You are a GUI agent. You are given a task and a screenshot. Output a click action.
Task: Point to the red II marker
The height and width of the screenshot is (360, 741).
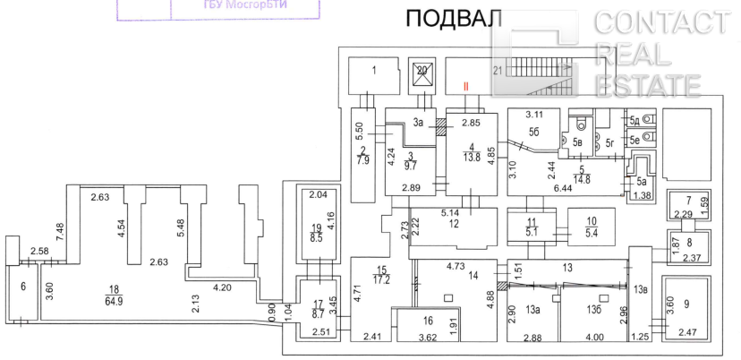465,86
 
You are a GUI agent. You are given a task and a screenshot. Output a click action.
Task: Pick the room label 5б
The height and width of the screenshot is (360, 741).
535,132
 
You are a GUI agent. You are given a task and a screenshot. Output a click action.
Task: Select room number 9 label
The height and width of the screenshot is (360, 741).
686,304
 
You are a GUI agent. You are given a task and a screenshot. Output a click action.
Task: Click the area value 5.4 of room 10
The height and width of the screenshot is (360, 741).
591,236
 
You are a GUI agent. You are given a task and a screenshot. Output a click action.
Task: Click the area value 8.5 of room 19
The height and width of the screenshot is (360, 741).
316,239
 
